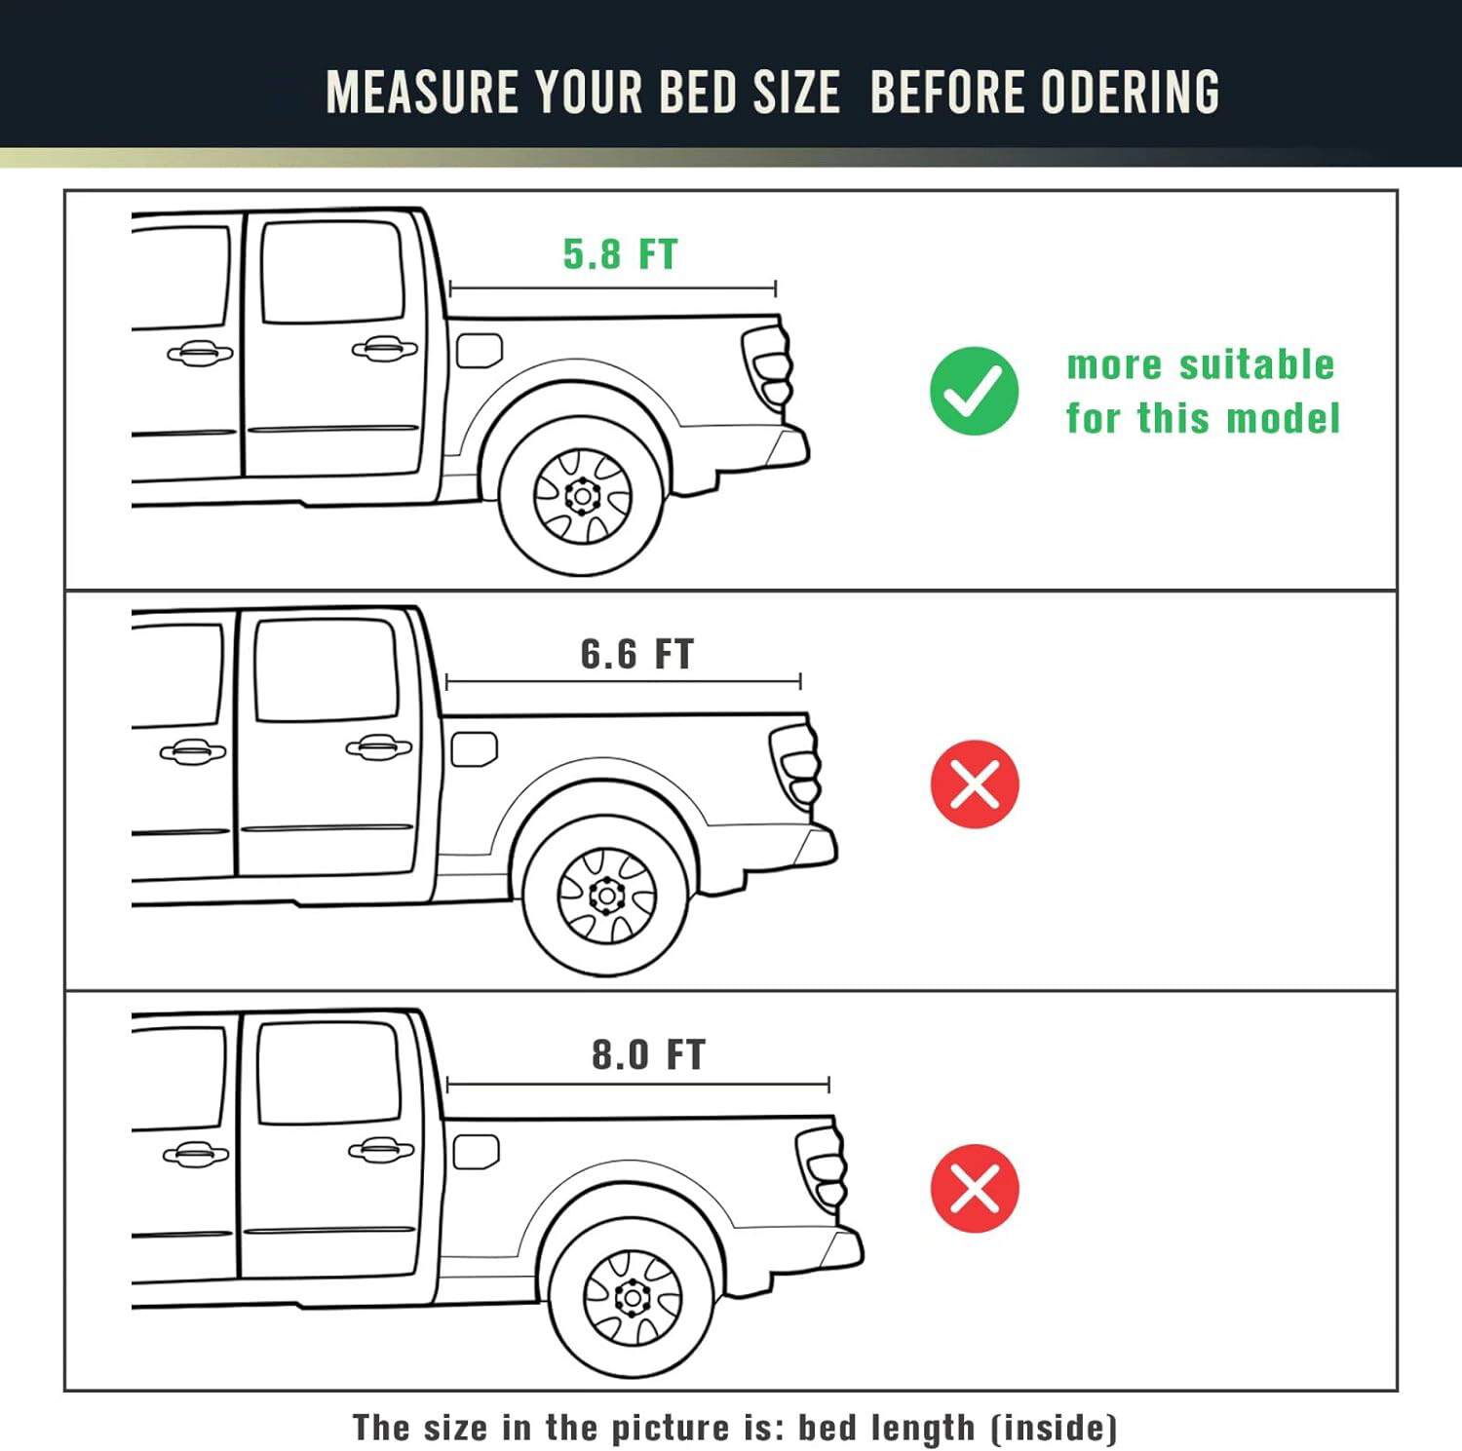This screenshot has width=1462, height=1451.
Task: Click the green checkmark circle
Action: point(974,391)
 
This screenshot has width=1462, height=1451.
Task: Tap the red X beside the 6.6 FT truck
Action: point(975,784)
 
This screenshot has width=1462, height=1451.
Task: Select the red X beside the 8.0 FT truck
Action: point(975,1188)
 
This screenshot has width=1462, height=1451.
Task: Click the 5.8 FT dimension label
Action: point(620,254)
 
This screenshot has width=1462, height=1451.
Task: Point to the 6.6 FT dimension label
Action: point(636,654)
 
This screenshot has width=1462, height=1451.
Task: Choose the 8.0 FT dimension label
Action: point(648,1054)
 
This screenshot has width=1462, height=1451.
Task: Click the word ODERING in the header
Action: point(1130,93)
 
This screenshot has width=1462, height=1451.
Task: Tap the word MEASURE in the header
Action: point(423,93)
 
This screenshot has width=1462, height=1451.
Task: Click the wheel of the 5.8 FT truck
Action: point(582,496)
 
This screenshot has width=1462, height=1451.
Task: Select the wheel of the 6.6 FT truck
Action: point(606,896)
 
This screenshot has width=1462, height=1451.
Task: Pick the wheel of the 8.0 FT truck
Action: point(632,1298)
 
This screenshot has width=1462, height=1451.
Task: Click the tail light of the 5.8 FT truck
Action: point(769,364)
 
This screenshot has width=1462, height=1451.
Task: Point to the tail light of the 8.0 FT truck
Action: point(823,1167)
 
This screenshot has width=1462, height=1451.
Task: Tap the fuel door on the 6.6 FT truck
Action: point(475,749)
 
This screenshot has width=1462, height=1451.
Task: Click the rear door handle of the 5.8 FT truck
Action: point(385,348)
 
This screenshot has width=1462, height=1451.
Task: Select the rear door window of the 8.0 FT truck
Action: point(329,1072)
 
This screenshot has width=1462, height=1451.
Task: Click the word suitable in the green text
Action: point(1256,364)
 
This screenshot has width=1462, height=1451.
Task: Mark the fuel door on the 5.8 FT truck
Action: point(480,350)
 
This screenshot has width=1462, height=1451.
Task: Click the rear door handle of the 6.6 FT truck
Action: point(379,747)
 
